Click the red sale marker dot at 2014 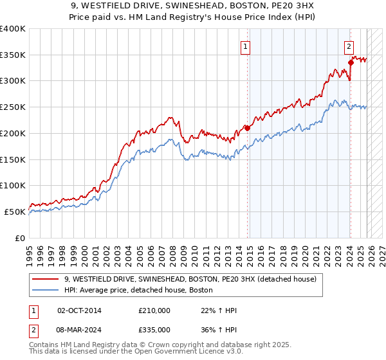point(248,128)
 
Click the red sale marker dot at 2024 point(351,62)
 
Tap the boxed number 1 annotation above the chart point(246,46)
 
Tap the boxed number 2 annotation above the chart point(349,46)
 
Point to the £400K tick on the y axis point(13,29)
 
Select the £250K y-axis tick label point(13,107)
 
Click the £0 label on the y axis point(19,238)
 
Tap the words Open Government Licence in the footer point(178,353)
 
